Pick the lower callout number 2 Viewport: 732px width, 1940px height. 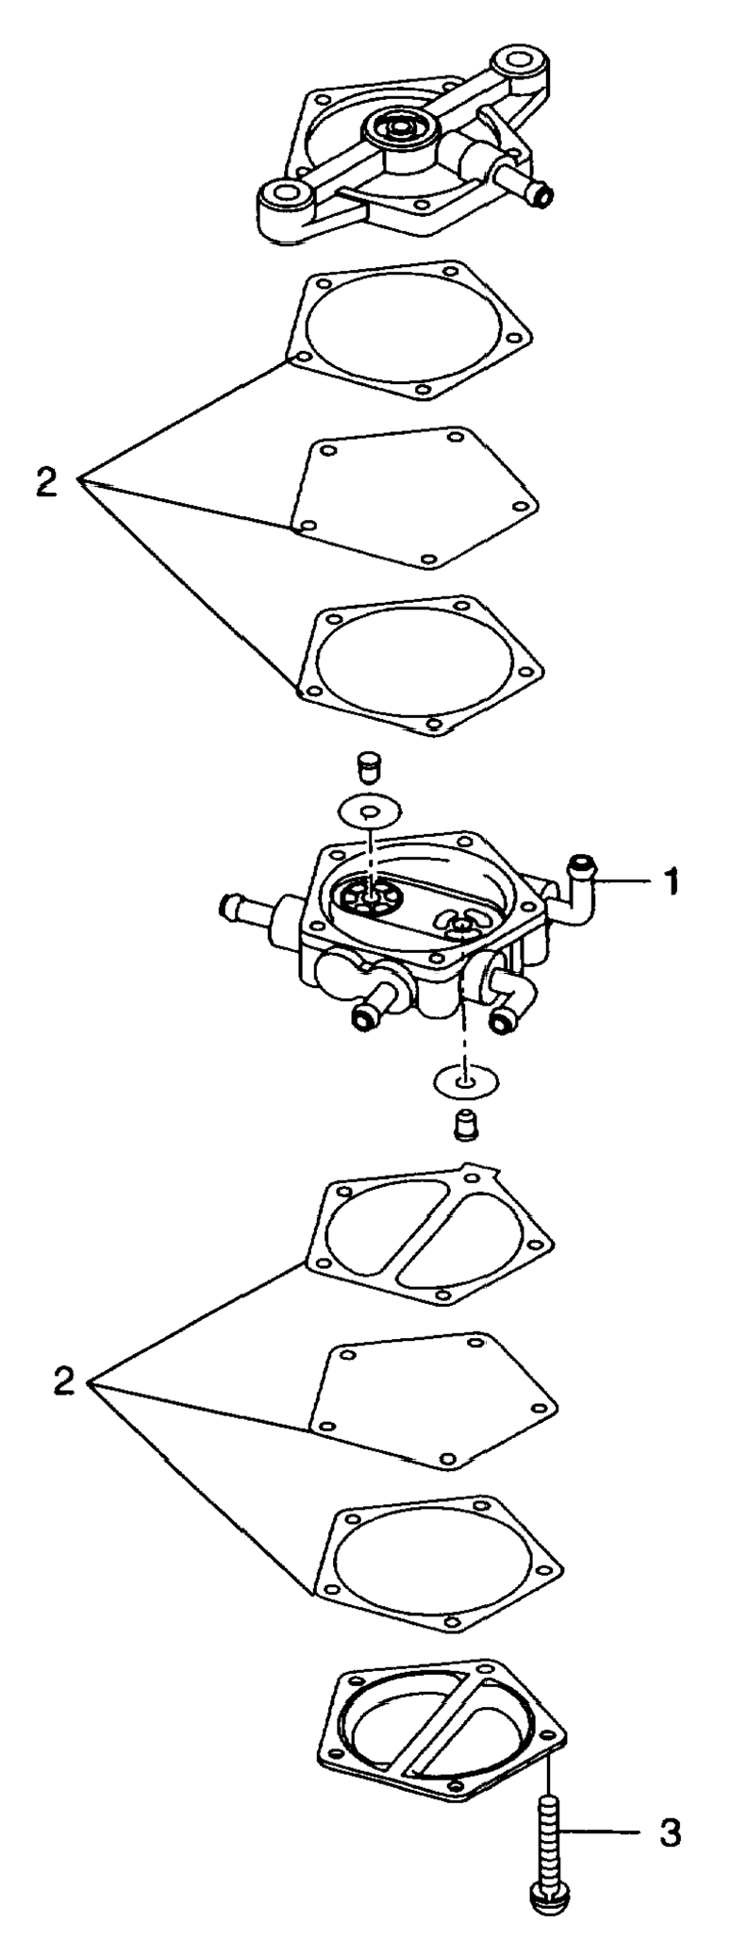pyautogui.click(x=63, y=1384)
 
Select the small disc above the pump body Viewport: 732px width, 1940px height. pyautogui.click(x=369, y=811)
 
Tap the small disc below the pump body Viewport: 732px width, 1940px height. pyautogui.click(x=465, y=1080)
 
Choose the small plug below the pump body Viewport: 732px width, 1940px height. pyautogui.click(x=464, y=1124)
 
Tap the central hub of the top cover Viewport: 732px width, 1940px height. pyautogui.click(x=397, y=128)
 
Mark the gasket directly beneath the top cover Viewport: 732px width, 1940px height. pyautogui.click(x=411, y=327)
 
